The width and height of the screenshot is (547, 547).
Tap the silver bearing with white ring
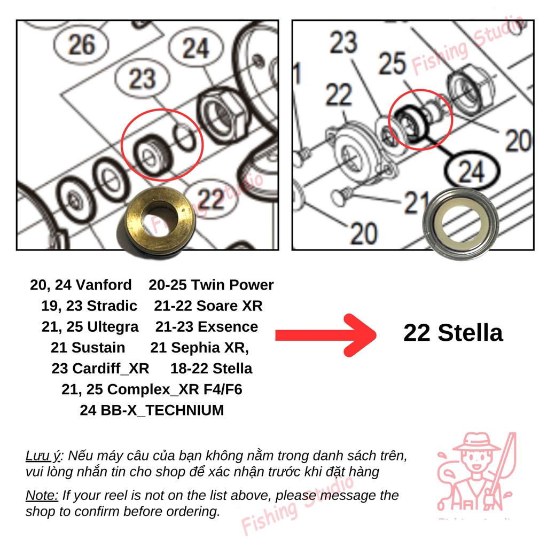460,224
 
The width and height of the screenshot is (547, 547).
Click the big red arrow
326,335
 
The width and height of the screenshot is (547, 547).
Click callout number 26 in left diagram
81,44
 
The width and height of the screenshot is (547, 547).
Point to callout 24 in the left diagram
196,48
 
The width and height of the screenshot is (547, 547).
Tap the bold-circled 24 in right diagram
471,171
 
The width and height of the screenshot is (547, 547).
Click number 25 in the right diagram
393,64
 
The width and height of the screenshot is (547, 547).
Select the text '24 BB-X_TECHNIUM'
152,410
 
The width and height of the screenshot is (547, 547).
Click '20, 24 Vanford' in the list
81,285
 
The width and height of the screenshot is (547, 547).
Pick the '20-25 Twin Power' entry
211,285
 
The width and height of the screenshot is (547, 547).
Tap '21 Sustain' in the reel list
88,347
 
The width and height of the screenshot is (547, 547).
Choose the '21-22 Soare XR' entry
208,306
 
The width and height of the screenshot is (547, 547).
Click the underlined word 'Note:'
42,495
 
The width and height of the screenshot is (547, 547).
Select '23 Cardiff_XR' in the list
100,369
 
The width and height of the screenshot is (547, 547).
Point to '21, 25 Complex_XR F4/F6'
152,389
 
